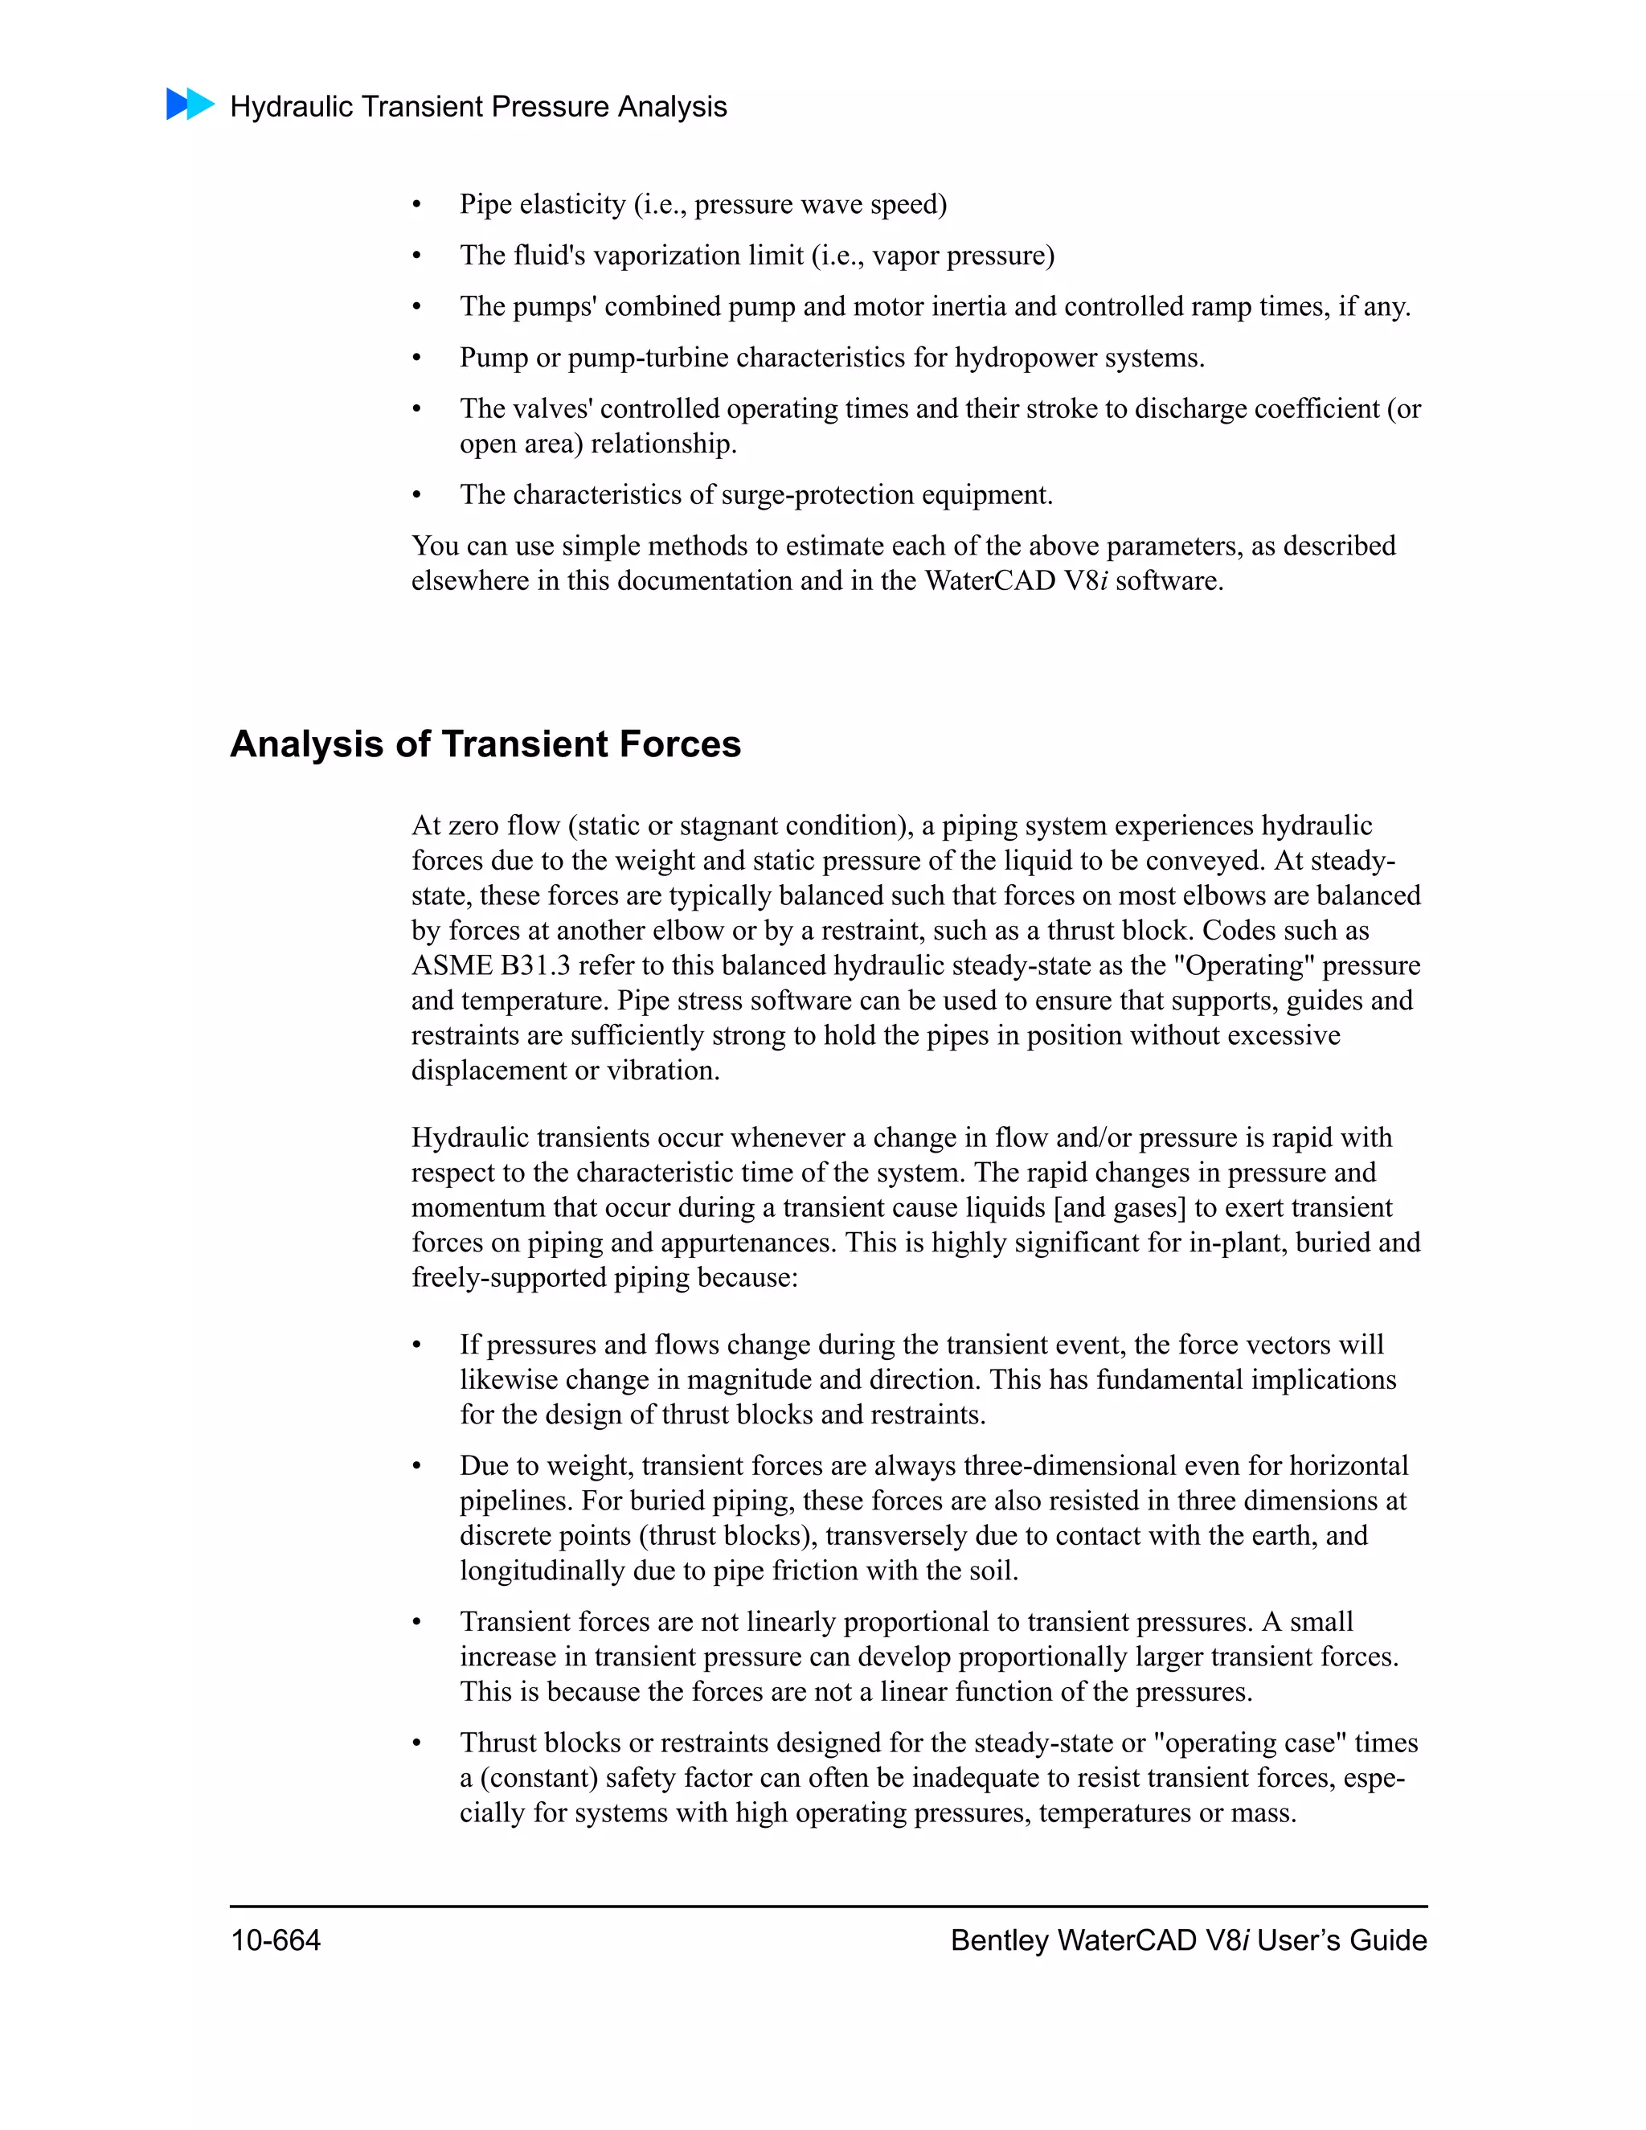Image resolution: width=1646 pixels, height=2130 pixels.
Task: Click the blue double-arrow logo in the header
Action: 190,104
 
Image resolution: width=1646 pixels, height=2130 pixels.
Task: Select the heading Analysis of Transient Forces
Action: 485,744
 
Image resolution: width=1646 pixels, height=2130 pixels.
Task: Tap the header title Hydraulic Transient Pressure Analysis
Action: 478,106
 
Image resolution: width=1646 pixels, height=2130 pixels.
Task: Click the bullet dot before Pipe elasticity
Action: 416,206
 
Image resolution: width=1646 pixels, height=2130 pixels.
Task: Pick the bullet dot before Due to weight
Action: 416,1467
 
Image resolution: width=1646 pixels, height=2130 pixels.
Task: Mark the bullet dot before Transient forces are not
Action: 416,1623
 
